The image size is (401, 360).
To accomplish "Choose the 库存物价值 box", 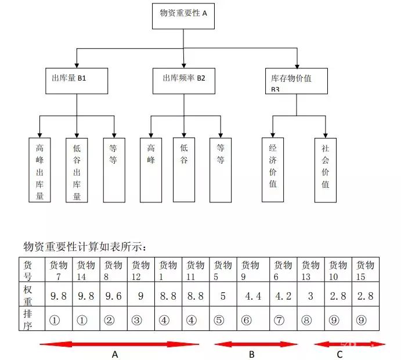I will point(296,81).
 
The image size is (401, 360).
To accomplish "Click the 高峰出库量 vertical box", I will point(39,169).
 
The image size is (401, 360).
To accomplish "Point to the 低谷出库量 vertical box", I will point(77,170).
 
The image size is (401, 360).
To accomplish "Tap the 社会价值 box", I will point(326,170).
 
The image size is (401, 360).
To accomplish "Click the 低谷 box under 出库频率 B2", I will point(183,169).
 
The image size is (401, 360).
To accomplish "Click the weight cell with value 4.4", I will point(254,296).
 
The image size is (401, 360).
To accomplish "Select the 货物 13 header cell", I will point(310,270).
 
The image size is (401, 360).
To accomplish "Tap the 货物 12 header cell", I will point(140,270).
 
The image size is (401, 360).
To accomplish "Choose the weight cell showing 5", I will point(223,296).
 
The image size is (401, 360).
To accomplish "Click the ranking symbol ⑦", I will point(283,320).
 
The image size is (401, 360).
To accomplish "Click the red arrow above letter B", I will point(255,344).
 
